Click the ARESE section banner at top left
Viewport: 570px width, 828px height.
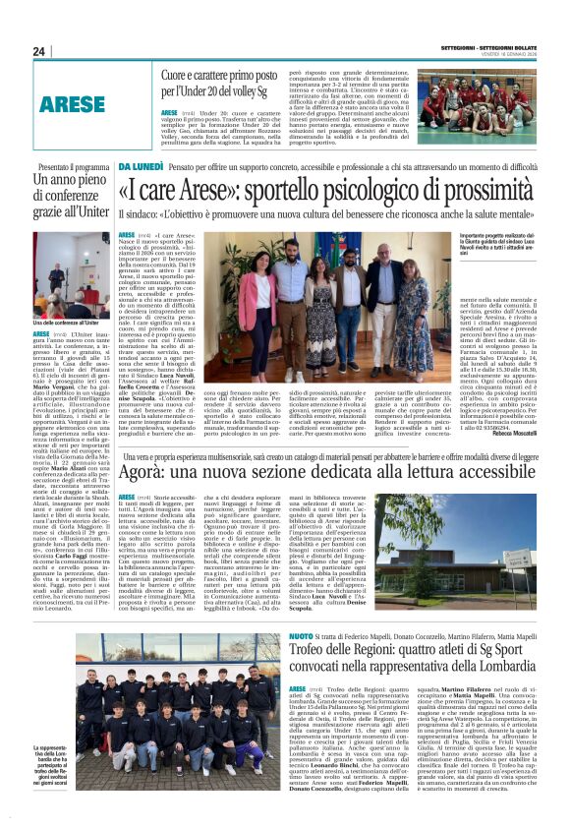[x=73, y=102]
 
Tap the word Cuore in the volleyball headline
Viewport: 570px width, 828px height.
[x=179, y=75]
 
